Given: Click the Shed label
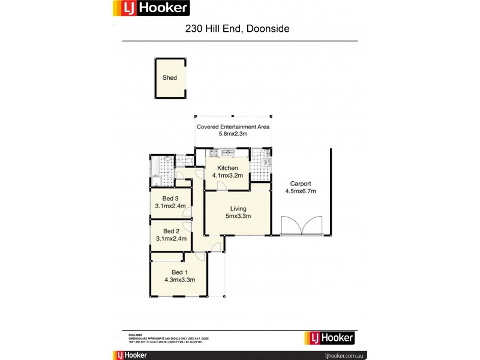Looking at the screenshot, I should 170,78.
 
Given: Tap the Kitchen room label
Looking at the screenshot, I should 227,168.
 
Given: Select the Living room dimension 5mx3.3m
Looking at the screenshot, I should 238,216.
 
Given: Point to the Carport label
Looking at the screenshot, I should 300,184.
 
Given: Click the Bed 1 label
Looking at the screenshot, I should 171,272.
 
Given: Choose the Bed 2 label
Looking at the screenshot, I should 171,231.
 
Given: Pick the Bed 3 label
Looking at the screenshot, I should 170,199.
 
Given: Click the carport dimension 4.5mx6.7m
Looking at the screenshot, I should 300,191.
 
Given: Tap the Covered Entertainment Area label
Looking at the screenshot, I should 233,127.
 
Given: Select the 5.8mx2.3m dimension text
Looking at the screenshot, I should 233,134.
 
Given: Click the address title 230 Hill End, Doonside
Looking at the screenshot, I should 239,28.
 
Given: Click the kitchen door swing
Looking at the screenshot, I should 221,185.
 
